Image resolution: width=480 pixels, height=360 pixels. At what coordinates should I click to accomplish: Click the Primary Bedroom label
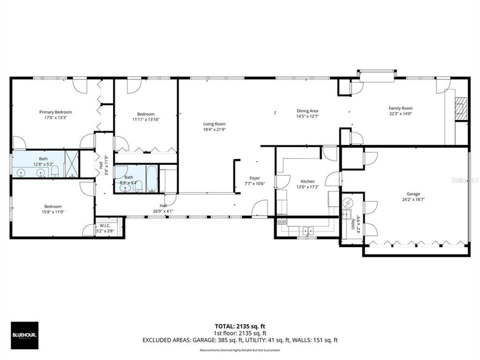point(55,112)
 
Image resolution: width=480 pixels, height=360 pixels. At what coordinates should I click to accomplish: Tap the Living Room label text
point(214,124)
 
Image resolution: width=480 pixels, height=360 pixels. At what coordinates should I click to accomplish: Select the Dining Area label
point(307,111)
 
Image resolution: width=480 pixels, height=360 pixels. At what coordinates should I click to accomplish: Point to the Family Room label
point(400,108)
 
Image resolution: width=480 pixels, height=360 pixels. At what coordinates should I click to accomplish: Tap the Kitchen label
point(307,181)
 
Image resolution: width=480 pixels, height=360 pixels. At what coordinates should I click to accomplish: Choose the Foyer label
point(255,178)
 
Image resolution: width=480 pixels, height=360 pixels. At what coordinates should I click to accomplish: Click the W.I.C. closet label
point(104,225)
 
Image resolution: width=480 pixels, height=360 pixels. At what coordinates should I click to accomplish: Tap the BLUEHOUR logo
point(24,334)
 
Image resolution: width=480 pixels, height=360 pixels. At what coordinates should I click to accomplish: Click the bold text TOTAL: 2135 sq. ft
point(239,326)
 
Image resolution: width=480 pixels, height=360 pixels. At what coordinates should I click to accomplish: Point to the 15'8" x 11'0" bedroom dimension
point(52,212)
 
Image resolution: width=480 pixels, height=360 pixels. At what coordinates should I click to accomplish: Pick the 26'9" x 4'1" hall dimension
point(163,211)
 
